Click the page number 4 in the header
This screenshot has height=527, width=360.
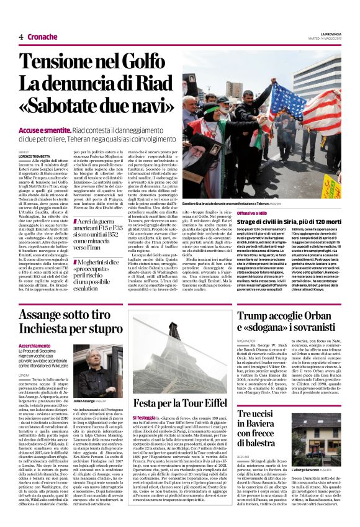tap(20, 37)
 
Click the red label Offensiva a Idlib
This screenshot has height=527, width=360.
tap(250, 212)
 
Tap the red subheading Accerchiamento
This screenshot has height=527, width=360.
tap(35, 346)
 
